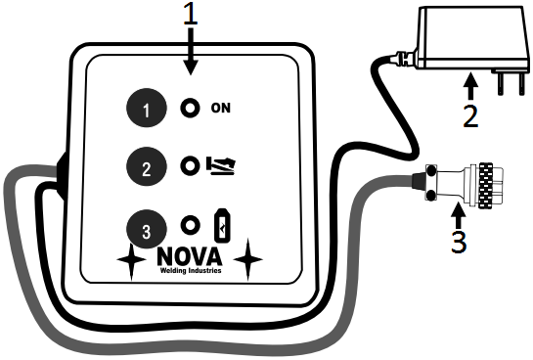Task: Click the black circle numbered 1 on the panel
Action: coord(147,109)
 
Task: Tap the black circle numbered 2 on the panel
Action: coord(147,167)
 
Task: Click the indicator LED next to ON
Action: coord(190,108)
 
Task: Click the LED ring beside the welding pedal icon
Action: coord(190,167)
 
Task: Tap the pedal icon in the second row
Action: coord(224,167)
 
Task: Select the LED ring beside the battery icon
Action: coord(190,226)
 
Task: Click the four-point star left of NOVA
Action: coord(129,259)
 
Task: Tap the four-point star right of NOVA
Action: coord(251,259)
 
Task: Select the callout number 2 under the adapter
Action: coord(470,116)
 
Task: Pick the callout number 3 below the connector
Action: coord(458,240)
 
